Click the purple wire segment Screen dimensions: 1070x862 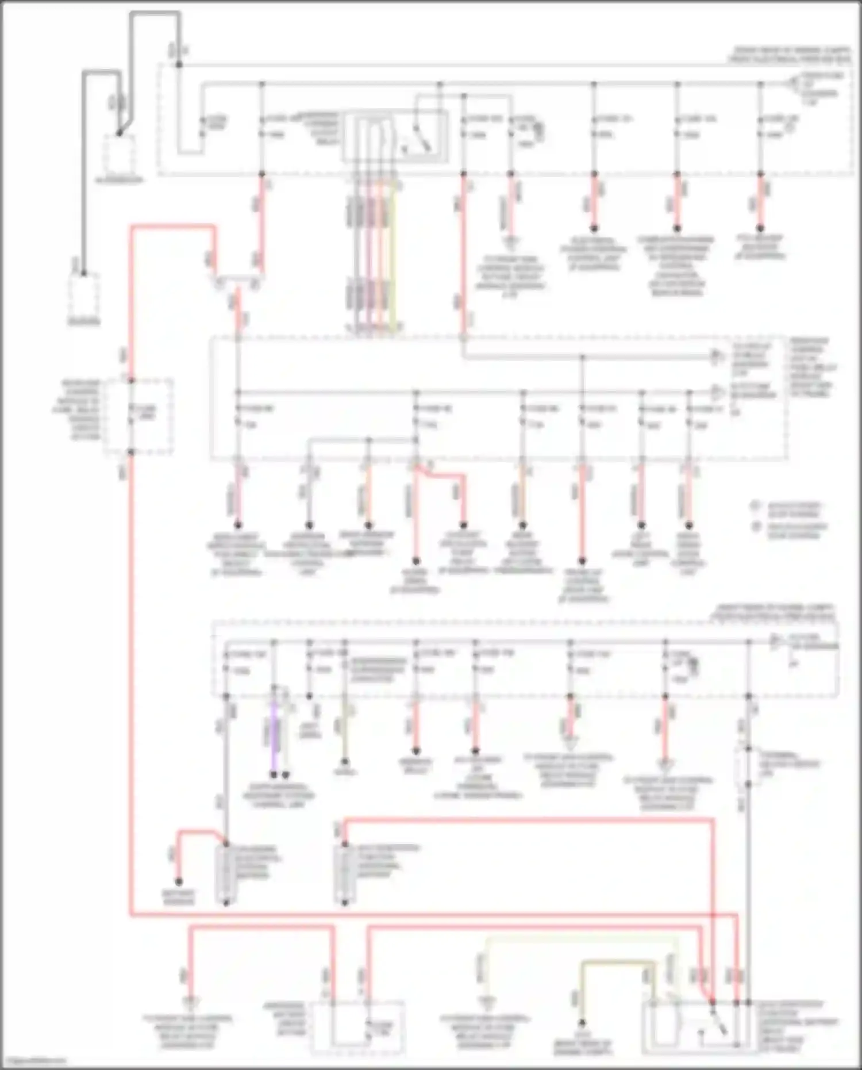274,736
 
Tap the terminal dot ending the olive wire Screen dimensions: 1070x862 582,1023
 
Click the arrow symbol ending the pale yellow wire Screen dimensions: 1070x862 486,1003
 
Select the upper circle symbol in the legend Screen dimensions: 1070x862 756,506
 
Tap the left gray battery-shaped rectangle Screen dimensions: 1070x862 225,873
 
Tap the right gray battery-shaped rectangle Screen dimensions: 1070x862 344,873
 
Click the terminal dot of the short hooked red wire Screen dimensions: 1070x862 179,881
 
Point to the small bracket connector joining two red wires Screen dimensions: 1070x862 237,282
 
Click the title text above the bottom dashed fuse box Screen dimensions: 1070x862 773,611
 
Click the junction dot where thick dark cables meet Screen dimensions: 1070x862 120,133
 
